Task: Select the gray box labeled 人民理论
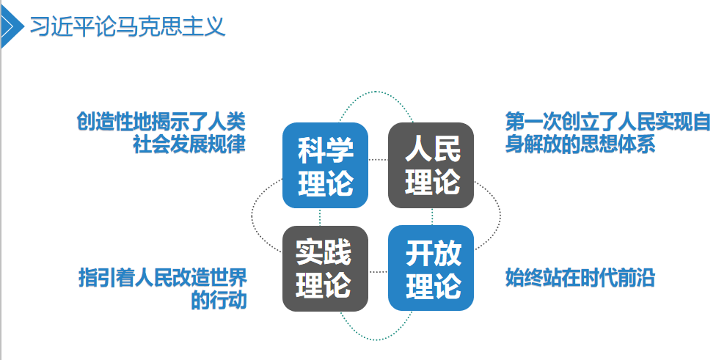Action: point(431,165)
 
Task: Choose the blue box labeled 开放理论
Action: point(431,268)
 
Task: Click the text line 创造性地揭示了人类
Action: point(161,121)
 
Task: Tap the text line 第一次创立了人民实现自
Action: point(608,121)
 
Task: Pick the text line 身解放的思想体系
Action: point(580,144)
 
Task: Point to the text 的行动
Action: point(218,301)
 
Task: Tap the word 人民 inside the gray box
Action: point(431,150)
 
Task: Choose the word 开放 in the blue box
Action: point(431,253)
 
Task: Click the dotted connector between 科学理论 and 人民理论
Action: point(378,159)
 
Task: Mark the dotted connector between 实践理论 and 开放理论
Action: point(378,272)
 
